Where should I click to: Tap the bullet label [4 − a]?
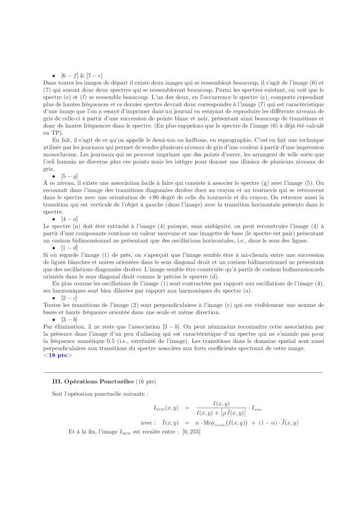click(69, 218)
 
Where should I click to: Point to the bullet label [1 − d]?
click(69, 247)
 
